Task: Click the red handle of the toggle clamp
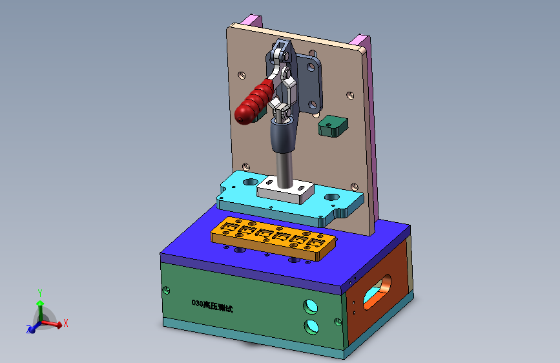253,103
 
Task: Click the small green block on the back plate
333,127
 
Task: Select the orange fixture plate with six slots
273,238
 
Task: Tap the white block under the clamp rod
285,191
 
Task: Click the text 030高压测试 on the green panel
212,306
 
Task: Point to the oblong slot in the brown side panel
377,292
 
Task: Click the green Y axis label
40,293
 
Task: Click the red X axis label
66,324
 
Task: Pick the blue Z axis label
28,329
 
